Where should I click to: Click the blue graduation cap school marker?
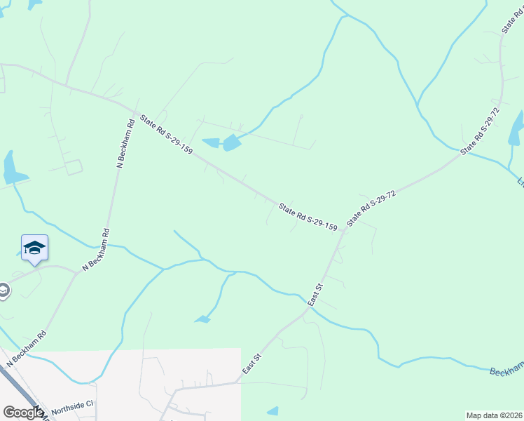point(34,248)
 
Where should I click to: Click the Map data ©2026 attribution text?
point(494,415)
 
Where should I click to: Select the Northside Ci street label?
point(71,408)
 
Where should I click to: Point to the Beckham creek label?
point(506,371)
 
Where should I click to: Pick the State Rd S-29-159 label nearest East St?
point(308,218)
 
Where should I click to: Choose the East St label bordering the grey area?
point(251,363)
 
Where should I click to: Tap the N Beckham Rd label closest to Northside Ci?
point(27,349)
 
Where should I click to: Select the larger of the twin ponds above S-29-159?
point(230,143)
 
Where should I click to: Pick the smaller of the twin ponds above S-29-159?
point(210,144)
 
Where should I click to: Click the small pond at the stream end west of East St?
point(202,320)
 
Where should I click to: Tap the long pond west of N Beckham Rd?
point(12,168)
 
